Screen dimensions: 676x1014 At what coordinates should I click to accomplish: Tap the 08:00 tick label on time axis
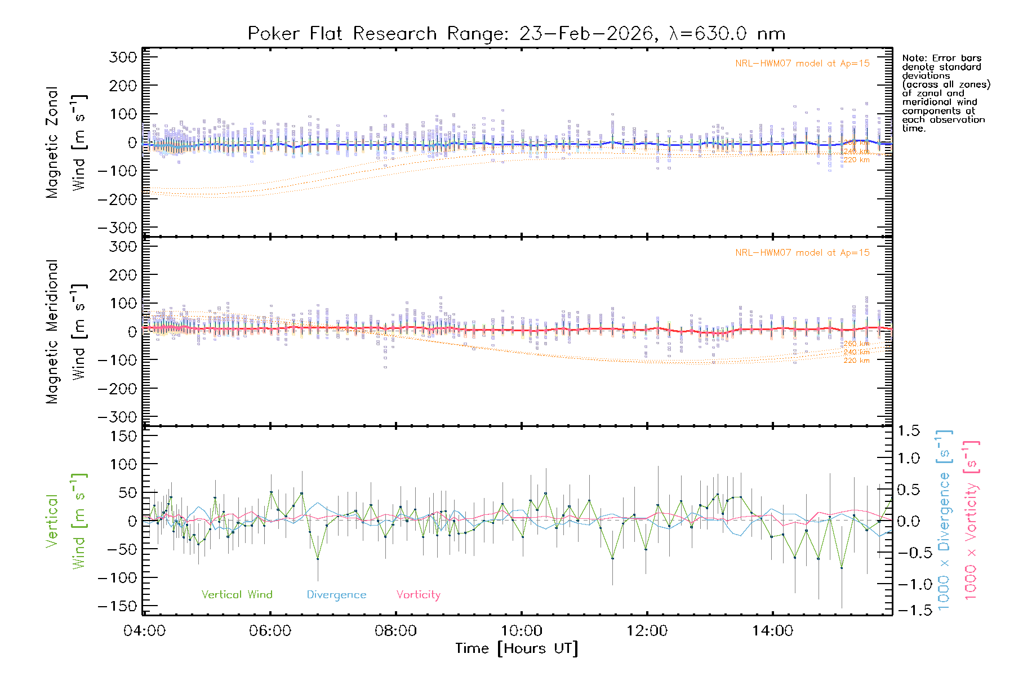tap(396, 631)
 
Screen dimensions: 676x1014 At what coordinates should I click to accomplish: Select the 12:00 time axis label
tap(647, 631)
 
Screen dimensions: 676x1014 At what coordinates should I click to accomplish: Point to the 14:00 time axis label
tap(772, 631)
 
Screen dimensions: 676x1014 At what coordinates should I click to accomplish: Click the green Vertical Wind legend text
tap(237, 595)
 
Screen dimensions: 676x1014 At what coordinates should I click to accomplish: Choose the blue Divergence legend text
tap(336, 595)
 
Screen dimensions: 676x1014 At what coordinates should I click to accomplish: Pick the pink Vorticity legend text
tap(418, 595)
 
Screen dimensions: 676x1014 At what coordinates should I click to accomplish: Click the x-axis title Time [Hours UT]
tap(517, 649)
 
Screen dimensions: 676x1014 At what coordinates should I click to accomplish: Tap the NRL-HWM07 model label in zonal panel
tap(802, 64)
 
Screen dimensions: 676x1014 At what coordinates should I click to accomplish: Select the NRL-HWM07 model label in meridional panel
tap(802, 253)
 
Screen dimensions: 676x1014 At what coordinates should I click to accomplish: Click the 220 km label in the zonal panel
tap(856, 160)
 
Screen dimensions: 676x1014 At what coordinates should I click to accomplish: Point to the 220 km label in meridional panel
tap(856, 361)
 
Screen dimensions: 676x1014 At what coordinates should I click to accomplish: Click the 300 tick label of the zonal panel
tap(123, 57)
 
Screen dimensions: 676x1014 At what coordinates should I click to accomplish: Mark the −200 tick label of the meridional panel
tap(118, 389)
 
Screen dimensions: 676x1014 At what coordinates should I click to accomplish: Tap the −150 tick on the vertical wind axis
tap(118, 606)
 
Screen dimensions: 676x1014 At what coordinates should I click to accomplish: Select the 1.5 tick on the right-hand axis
tap(909, 431)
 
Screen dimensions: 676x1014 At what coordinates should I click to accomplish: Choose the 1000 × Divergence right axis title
tap(944, 519)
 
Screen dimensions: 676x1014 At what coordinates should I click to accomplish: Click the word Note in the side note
tap(913, 58)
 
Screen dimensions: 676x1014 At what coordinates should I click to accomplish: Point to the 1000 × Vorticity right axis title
tap(971, 519)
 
